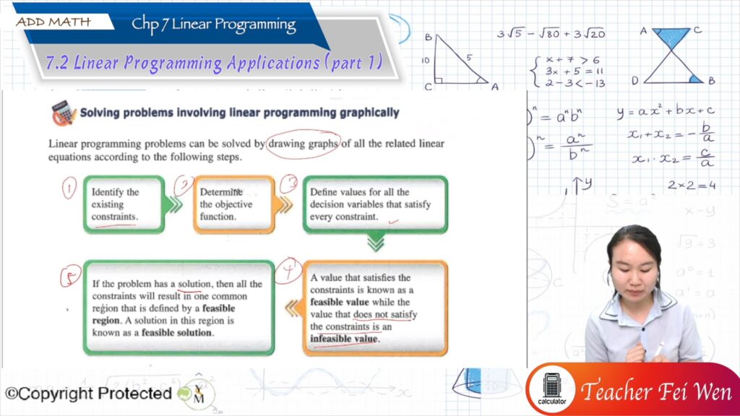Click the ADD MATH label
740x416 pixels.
pyautogui.click(x=53, y=22)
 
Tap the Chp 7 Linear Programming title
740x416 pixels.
pyautogui.click(x=213, y=25)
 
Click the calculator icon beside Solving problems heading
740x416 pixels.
pyautogui.click(x=63, y=113)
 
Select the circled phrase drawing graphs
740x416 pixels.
pyautogui.click(x=303, y=143)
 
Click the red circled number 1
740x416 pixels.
pyautogui.click(x=69, y=189)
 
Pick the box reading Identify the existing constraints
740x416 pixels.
pyautogui.click(x=124, y=204)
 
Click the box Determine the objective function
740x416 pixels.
pyautogui.click(x=233, y=204)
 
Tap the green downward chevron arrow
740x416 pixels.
pyautogui.click(x=375, y=245)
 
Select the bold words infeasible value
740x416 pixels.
pyautogui.click(x=343, y=339)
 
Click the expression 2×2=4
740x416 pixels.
pyautogui.click(x=691, y=185)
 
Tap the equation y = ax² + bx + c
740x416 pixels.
pyautogui.click(x=665, y=111)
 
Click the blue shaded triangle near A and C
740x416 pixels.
pyautogui.click(x=671, y=38)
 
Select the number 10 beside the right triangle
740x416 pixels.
pyautogui.click(x=427, y=60)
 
